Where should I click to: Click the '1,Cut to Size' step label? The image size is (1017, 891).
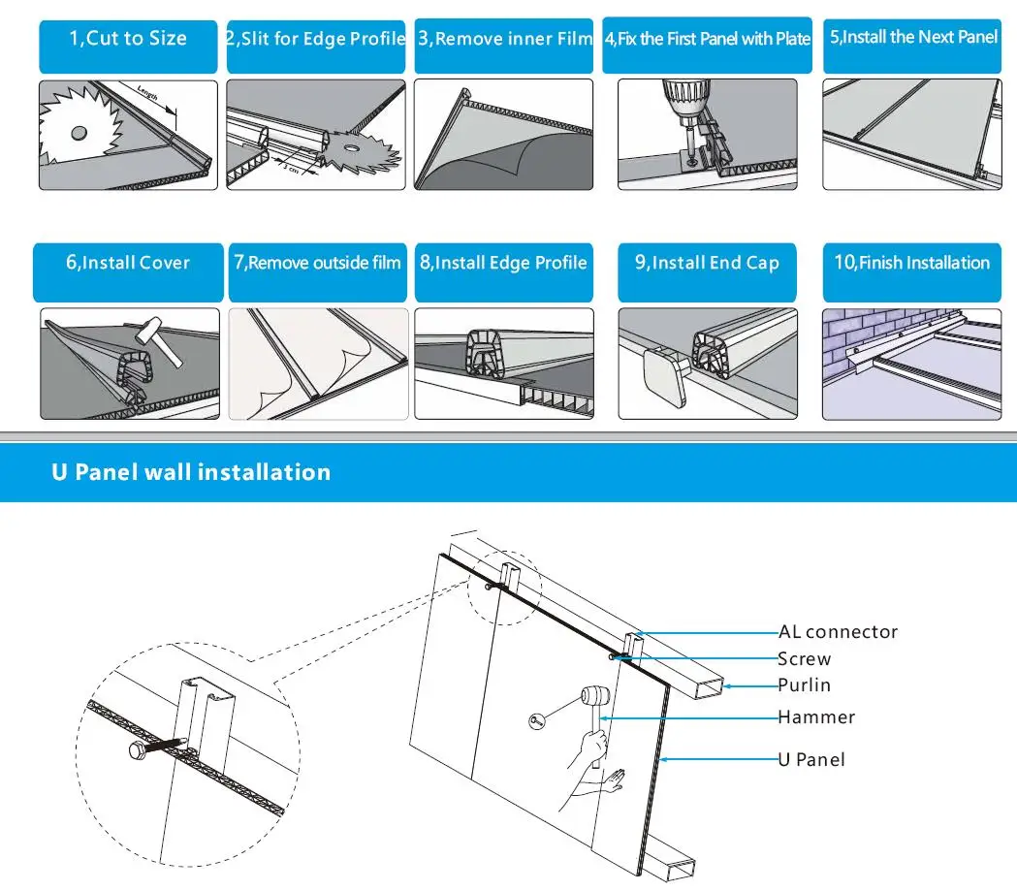pos(128,40)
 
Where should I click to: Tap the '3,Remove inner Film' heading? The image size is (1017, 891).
pos(505,40)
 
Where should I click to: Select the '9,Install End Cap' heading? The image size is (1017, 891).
pos(707,264)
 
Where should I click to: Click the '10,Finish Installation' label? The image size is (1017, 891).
pos(912,263)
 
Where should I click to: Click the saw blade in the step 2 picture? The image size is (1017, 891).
pos(360,150)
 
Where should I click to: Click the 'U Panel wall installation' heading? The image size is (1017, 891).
pos(191,473)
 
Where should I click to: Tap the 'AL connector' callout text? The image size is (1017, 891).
pos(838,632)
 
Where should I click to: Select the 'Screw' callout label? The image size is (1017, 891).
pos(804,659)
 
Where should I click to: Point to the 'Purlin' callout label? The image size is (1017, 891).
pos(804,685)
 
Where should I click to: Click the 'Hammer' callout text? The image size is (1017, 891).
pos(816,717)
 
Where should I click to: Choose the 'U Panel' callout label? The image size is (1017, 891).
pos(811,760)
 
